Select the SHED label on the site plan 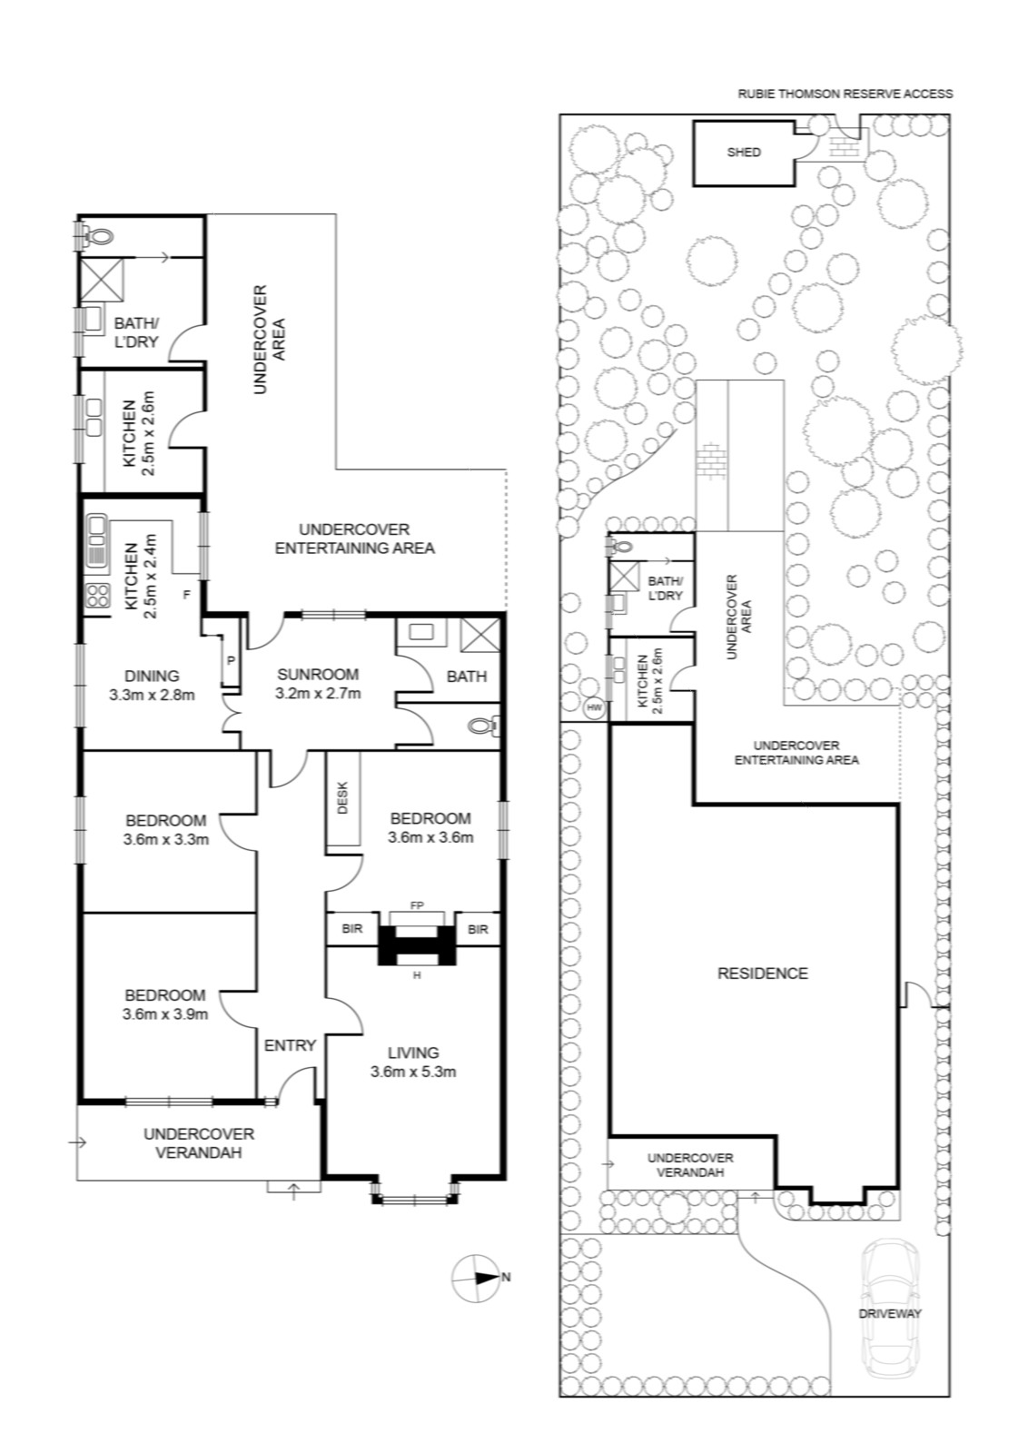click(x=743, y=153)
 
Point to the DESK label click(x=343, y=798)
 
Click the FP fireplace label click(x=417, y=905)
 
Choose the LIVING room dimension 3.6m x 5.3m click(x=413, y=1072)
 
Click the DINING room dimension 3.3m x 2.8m click(x=152, y=696)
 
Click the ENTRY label click(x=290, y=1045)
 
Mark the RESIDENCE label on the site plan click(x=762, y=973)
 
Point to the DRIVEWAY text click(x=890, y=1313)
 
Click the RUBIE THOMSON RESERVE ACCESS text click(x=845, y=94)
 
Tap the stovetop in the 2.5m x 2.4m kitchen click(x=96, y=596)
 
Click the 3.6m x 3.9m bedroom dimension click(x=164, y=1013)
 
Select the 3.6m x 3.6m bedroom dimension click(x=430, y=836)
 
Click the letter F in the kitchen click(x=186, y=594)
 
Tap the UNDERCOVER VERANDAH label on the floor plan click(x=199, y=1143)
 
